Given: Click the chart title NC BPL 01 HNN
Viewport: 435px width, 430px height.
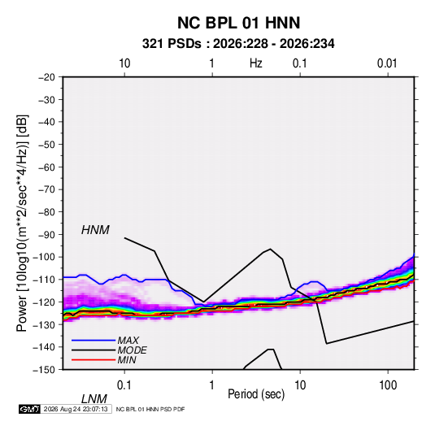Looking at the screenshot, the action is coord(238,23).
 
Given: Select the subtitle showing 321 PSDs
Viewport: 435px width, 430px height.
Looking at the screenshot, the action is coord(238,44).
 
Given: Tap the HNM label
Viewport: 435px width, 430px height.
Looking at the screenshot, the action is coord(95,230).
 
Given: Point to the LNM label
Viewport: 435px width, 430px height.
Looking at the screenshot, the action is coord(94,399).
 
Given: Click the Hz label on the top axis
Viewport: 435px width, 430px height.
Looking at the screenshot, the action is coord(256,63).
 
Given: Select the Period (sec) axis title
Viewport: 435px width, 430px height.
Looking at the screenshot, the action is coord(256,394).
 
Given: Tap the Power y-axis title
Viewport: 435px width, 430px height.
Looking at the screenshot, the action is coord(22,224).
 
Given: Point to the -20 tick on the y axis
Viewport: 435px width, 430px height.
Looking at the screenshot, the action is coord(46,77).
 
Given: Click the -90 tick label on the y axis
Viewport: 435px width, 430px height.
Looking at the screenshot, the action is coord(46,235).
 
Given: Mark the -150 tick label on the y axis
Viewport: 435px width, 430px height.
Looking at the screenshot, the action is coord(44,370).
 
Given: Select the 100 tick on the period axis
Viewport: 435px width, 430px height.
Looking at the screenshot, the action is coord(388,385).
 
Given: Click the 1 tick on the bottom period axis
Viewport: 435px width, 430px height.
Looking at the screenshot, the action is coord(212,385).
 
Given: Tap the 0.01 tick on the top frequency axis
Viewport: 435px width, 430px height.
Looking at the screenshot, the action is coord(387,63).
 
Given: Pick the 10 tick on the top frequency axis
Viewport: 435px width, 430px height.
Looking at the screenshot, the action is coord(124,63).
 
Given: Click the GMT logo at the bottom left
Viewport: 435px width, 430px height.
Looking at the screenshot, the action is coord(29,409).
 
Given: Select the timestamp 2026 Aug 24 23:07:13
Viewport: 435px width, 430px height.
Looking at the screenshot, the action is coord(76,409).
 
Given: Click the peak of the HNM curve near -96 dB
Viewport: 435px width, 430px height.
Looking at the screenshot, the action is coord(270,249).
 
